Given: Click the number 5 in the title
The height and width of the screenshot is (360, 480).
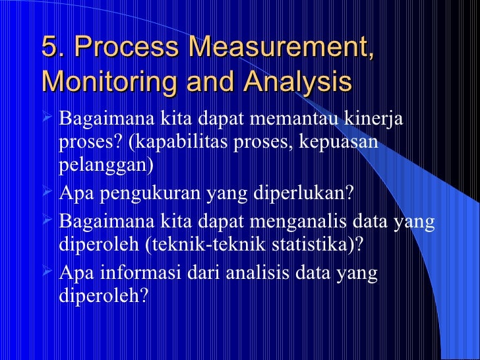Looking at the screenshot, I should click(48, 47).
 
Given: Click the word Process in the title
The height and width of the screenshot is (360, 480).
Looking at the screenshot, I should click(126, 47).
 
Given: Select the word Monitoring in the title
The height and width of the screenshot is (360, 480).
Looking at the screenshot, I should click(101, 83).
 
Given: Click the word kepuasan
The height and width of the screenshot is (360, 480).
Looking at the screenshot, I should click(344, 142).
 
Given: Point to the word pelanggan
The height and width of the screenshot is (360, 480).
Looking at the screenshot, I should click(105, 164).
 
